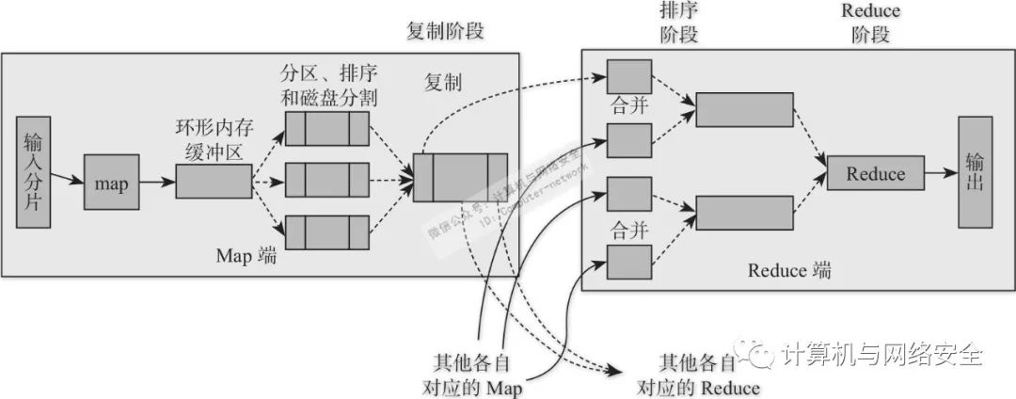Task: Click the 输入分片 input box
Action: tap(33, 174)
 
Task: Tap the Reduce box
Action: tap(875, 174)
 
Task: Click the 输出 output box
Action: tap(976, 173)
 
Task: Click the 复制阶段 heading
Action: tap(446, 31)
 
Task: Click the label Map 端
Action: tap(246, 256)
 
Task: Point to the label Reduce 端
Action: tap(789, 271)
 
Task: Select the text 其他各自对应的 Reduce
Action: tap(697, 374)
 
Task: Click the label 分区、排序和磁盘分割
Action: tap(329, 84)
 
